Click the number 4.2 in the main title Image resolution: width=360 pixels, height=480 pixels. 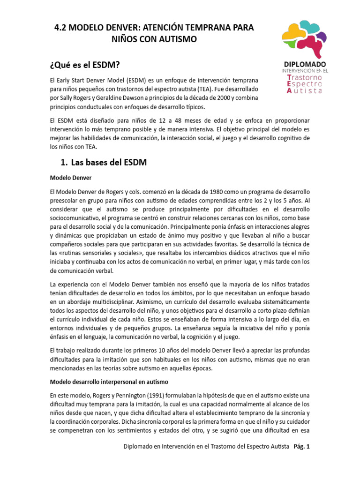coord(62,28)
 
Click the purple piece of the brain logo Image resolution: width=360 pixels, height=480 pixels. coord(321,37)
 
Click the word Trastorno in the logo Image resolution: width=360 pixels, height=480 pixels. coord(305,76)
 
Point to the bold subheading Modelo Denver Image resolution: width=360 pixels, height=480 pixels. coord(70,178)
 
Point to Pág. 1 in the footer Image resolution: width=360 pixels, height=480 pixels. coord(302,447)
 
